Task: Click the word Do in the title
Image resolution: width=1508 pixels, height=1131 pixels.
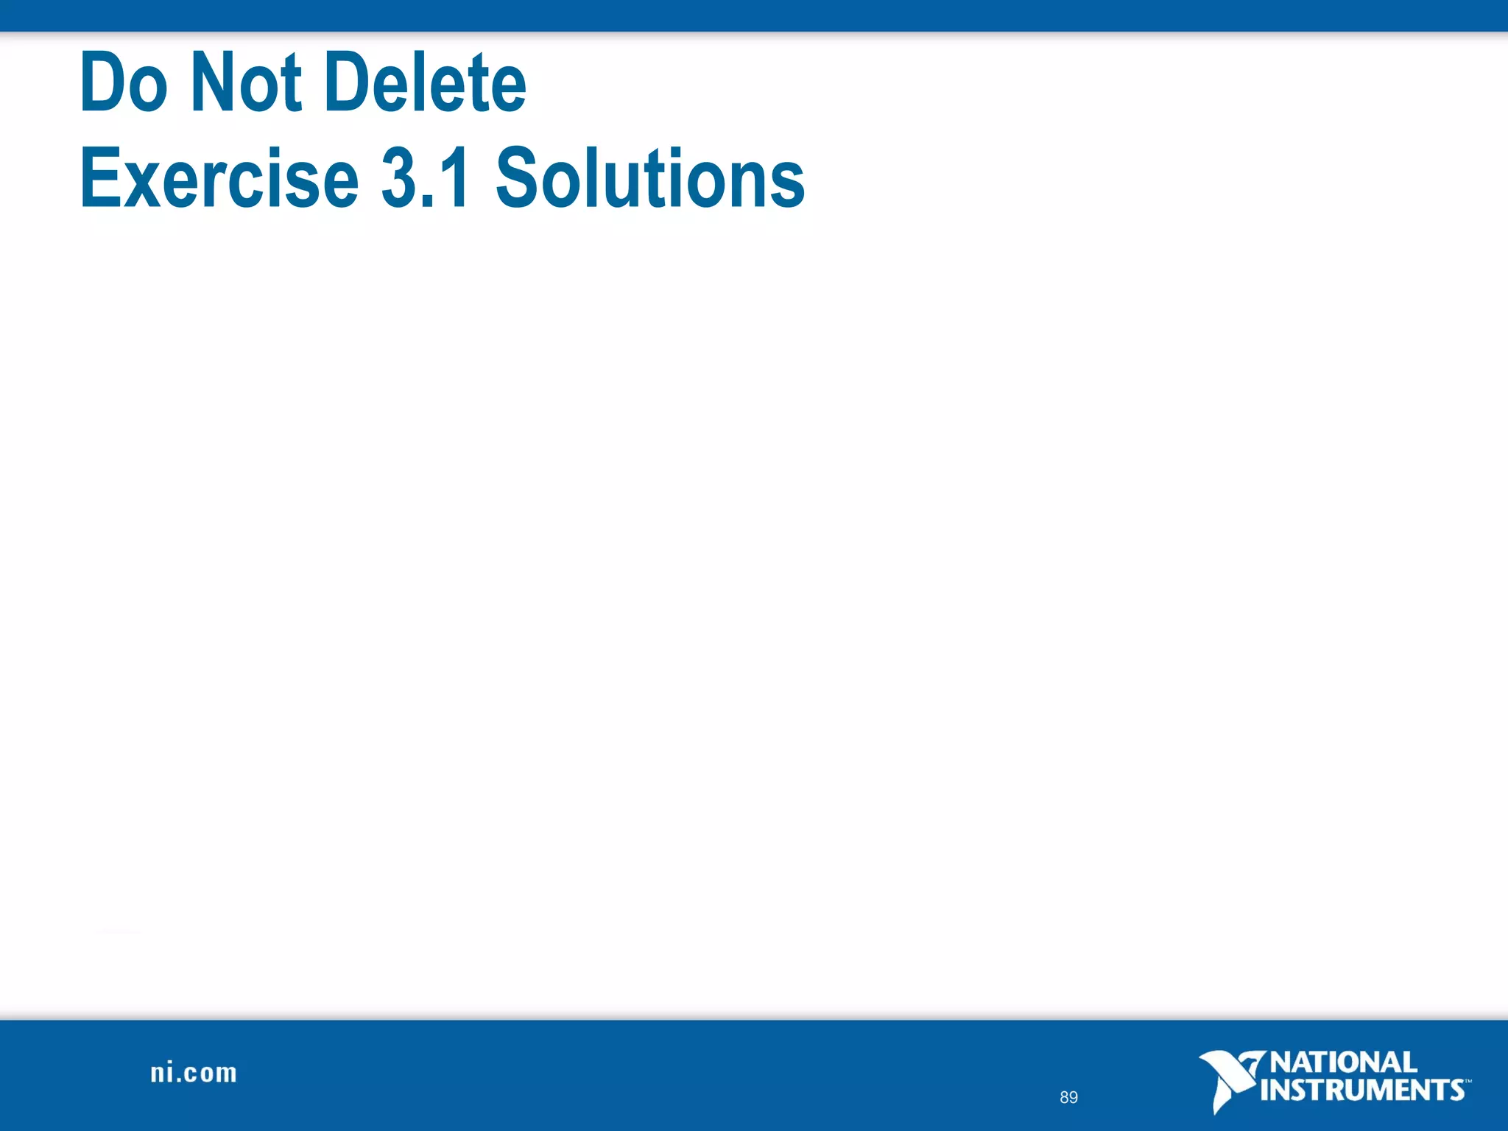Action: [124, 82]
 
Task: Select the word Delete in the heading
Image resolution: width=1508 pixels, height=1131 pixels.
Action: [426, 82]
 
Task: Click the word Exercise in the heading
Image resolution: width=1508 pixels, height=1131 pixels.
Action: [219, 177]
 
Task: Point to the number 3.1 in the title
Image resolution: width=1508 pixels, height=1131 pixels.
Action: [426, 177]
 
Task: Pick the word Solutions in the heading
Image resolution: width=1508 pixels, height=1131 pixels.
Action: [650, 177]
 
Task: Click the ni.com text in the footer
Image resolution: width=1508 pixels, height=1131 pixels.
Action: [194, 1073]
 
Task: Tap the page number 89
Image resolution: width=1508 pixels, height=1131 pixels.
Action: [1068, 1097]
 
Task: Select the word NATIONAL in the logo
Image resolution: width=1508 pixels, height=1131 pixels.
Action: [1344, 1063]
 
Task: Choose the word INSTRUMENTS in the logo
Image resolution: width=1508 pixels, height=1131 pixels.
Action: [1362, 1090]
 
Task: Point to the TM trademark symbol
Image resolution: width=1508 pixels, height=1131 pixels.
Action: [1468, 1081]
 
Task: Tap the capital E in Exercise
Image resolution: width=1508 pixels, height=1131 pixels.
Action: [99, 177]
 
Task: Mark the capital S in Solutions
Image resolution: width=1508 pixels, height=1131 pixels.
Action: [518, 177]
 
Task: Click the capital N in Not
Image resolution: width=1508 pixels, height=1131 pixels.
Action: [212, 82]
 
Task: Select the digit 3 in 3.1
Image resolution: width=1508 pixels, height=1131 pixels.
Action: [398, 177]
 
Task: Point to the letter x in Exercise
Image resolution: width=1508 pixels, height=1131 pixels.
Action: [141, 183]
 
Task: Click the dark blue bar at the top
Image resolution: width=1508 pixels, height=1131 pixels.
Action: [754, 15]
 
